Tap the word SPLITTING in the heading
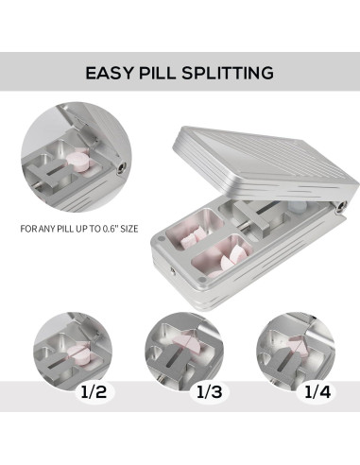coord(227,73)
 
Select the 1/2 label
coord(94,392)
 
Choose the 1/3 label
coord(210,392)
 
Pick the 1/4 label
coord(317,392)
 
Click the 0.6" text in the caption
coord(111,229)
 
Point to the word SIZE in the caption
coord(129,229)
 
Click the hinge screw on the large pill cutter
coord(341,207)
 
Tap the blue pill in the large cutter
coord(297,207)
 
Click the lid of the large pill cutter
coord(266,164)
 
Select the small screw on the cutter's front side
coord(173,270)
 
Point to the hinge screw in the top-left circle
coord(121,167)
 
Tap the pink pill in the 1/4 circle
coord(298,344)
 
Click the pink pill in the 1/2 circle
coord(78,352)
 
